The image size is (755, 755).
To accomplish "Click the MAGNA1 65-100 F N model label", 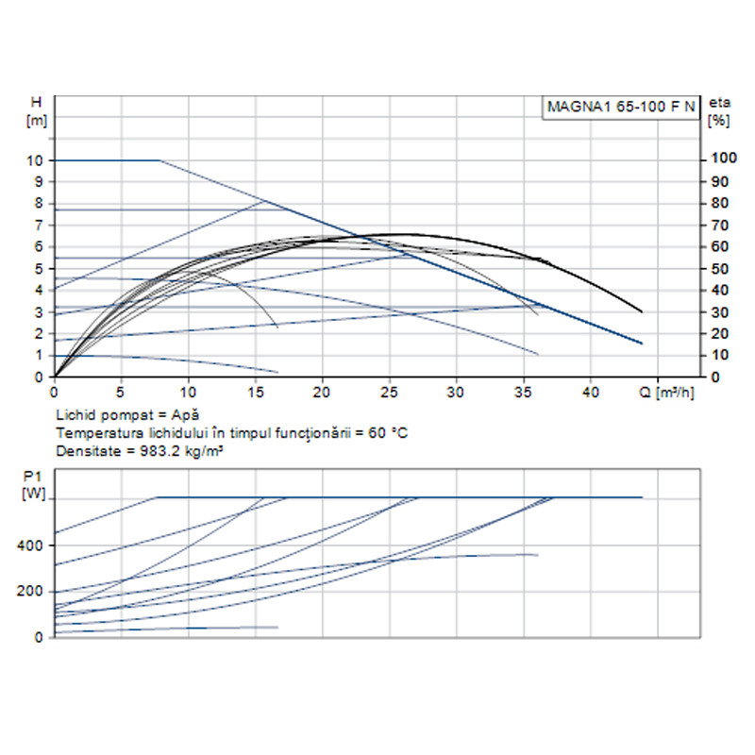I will (622, 107).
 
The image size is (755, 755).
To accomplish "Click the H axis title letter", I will (37, 101).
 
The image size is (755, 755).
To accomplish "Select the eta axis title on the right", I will (720, 101).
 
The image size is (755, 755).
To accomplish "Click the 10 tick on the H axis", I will (36, 160).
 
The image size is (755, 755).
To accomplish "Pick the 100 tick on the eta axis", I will (722, 159).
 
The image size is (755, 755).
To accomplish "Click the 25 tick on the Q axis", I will (390, 391).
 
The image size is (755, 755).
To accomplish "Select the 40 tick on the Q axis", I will (591, 391).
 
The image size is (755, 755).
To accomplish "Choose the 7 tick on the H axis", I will (39, 225).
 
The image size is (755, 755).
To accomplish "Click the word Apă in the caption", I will (187, 414).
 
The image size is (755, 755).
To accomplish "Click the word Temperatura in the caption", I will (94, 432).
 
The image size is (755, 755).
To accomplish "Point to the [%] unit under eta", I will (720, 120).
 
